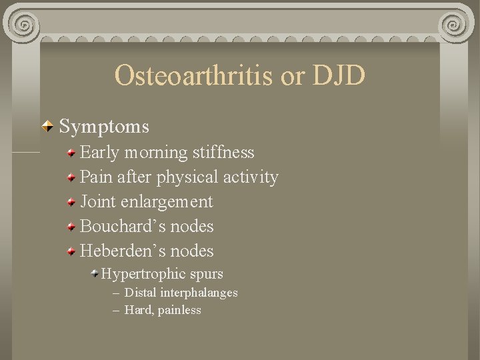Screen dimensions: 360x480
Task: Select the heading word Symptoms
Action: pyautogui.click(x=104, y=125)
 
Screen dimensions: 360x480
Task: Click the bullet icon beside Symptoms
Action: pyautogui.click(x=49, y=125)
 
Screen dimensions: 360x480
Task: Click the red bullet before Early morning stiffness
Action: pyautogui.click(x=71, y=153)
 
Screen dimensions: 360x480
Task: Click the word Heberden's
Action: pyautogui.click(x=123, y=251)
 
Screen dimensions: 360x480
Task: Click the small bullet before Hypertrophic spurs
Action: pyautogui.click(x=95, y=274)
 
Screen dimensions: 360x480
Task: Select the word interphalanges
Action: pyautogui.click(x=199, y=293)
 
